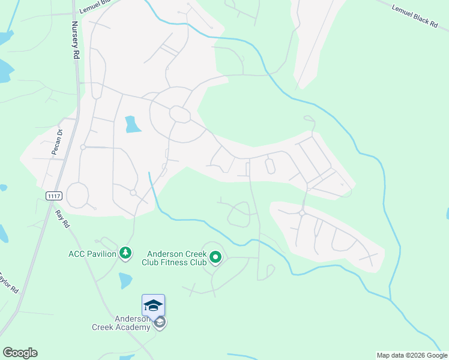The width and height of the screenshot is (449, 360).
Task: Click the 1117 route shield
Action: click(x=53, y=196)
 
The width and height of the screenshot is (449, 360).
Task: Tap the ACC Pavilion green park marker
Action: click(x=125, y=254)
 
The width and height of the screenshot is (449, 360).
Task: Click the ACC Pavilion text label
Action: click(x=92, y=254)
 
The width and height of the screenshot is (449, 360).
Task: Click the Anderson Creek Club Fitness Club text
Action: click(x=174, y=257)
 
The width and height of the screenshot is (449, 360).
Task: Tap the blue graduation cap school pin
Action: click(x=153, y=305)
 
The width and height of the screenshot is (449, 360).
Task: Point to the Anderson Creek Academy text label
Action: click(x=121, y=323)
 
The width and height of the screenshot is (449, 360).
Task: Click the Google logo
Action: click(x=20, y=353)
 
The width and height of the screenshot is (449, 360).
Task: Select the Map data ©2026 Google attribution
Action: click(x=412, y=355)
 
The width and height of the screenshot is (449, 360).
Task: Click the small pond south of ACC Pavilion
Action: click(x=125, y=280)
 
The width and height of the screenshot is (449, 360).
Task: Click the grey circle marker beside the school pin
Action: click(x=160, y=323)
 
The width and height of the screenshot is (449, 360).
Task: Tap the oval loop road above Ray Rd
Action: click(x=77, y=195)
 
